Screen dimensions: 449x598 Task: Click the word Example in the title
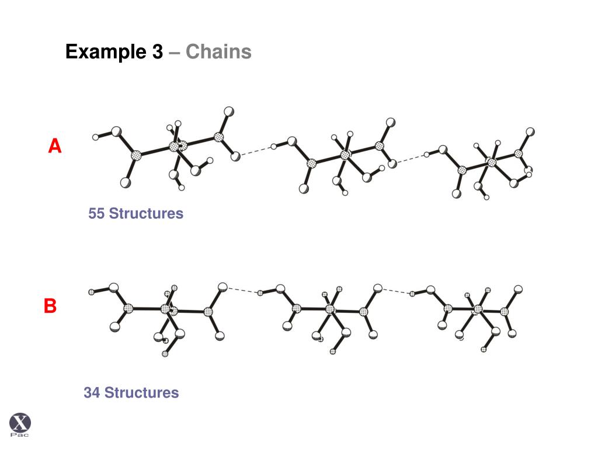(106, 53)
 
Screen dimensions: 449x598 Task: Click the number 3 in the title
(157, 53)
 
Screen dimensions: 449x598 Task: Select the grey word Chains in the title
(218, 53)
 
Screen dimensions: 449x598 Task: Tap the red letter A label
(54, 146)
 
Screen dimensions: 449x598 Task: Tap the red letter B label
(50, 306)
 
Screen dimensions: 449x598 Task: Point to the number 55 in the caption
(96, 214)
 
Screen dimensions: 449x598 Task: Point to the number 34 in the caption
(92, 393)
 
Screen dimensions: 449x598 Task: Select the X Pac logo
(20, 424)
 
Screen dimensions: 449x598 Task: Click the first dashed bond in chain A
(255, 151)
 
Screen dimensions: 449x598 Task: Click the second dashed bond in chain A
(409, 158)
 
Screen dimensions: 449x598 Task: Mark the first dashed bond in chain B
(242, 290)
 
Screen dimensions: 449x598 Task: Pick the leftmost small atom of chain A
(96, 137)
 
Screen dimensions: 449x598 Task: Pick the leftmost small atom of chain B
(91, 292)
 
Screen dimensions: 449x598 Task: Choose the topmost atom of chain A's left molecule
(229, 110)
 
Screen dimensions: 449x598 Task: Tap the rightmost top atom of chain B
(517, 289)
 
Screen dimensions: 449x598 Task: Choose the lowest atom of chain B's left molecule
(165, 354)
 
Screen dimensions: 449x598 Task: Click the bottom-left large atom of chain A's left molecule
(125, 182)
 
